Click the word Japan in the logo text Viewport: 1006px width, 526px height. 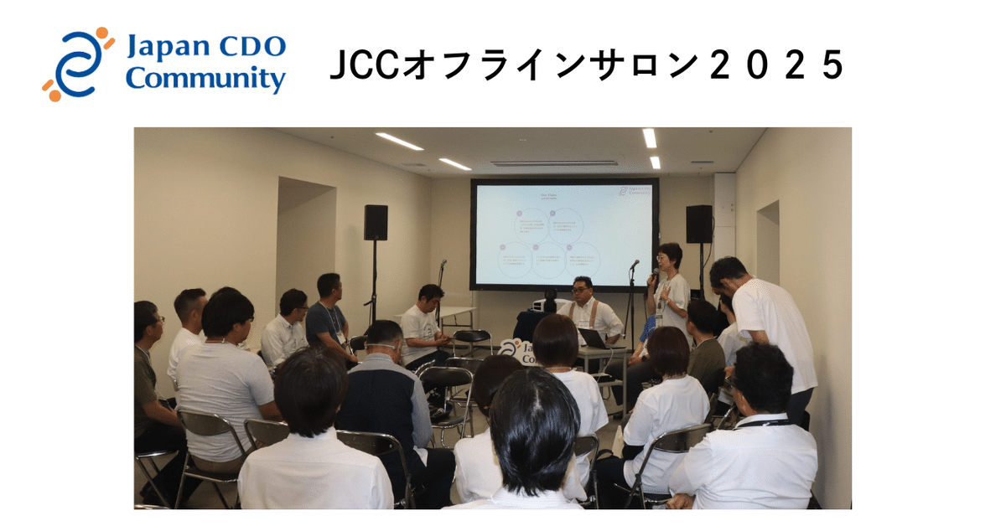[163, 48]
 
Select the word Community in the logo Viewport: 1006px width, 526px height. [205, 80]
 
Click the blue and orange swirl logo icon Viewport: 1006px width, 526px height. [77, 64]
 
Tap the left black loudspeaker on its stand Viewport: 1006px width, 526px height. [376, 223]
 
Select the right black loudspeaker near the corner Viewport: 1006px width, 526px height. [698, 224]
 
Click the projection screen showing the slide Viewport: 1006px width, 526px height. [563, 234]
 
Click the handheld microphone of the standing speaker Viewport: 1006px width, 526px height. [655, 274]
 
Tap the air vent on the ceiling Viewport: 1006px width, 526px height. [554, 163]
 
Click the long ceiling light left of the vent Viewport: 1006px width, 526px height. [399, 141]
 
